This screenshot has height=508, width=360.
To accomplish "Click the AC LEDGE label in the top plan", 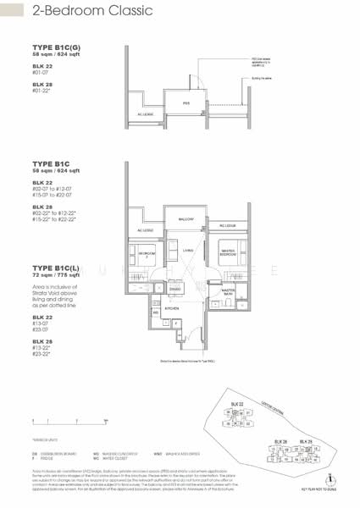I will pyautogui.click(x=145, y=113).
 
